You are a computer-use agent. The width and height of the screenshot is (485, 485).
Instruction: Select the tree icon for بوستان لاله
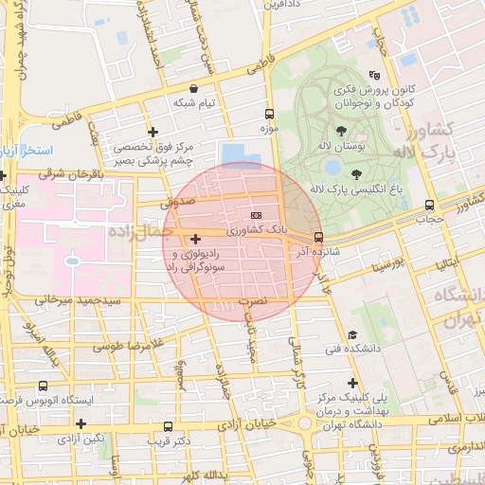pyautogui.click(x=341, y=132)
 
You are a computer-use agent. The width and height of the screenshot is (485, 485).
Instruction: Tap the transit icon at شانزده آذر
pyautogui.click(x=317, y=237)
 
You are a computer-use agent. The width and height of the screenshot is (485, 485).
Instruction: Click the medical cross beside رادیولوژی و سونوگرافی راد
pyautogui.click(x=195, y=239)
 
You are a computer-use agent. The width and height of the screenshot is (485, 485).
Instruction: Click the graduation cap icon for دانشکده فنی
pyautogui.click(x=352, y=334)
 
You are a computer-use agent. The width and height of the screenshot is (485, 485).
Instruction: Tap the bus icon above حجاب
pyautogui.click(x=430, y=204)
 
